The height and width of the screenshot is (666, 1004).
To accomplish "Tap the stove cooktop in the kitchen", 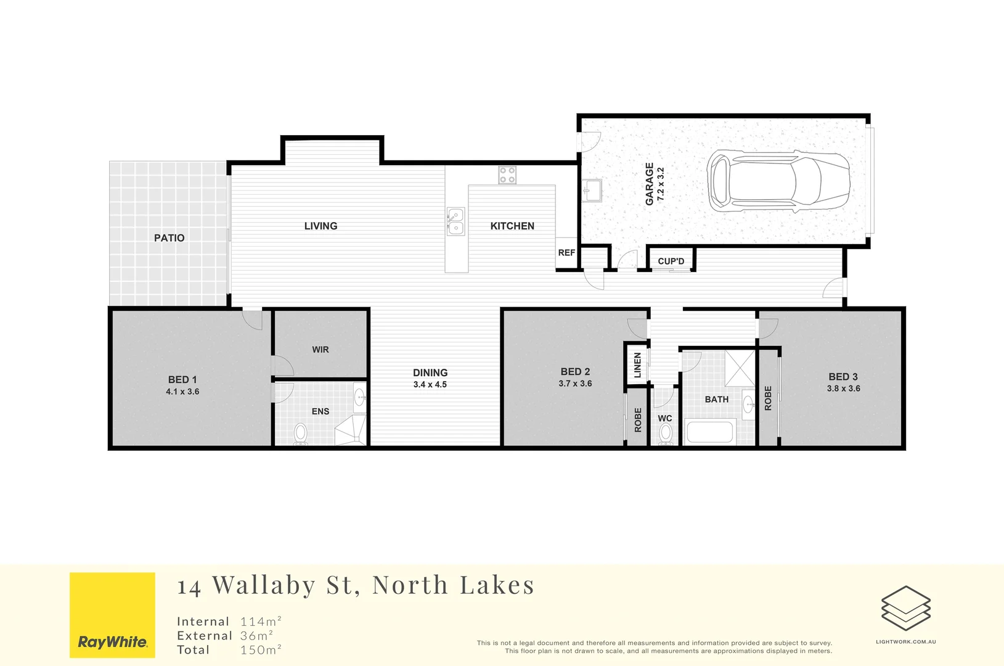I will coord(507,175).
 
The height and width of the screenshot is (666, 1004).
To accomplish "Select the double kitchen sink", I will coord(455,221).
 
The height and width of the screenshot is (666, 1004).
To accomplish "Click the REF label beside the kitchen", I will coord(566,253).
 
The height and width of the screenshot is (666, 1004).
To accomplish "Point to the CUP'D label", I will coord(671,261).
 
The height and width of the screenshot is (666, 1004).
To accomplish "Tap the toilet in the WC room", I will coord(665,434).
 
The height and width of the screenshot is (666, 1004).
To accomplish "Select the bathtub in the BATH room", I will coord(710,431).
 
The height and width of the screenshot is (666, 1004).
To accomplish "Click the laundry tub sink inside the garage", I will coord(592,190).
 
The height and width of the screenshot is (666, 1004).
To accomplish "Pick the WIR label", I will coord(320,350).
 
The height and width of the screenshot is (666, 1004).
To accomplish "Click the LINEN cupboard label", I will coord(637,365).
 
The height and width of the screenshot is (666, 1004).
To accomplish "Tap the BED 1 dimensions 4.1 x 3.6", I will coord(182,392).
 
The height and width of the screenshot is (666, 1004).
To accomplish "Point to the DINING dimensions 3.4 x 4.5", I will coord(430,384).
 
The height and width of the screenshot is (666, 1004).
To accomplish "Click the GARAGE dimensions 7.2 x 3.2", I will coord(661,184).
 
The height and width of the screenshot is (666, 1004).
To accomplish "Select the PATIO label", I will coord(169,238).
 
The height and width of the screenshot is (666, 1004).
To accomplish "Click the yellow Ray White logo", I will coord(112,615).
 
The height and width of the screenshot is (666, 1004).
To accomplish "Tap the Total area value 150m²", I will coord(261,649).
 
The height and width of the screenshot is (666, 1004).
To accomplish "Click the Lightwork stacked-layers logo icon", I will coord(905,608).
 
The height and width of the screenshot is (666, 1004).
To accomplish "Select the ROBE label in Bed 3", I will coord(768,398).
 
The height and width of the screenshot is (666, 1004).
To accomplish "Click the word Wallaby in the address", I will coord(264,585).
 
